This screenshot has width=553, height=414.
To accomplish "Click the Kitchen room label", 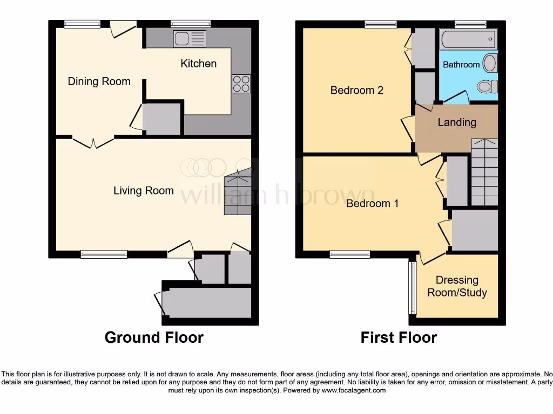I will click(198, 64).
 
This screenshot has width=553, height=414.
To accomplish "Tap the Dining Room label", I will click(99, 81).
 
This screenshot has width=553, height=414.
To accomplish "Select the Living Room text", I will click(143, 190).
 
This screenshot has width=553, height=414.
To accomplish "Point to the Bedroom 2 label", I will click(356, 90).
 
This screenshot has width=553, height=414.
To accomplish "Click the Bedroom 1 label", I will click(372, 203).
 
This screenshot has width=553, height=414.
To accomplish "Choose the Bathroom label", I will click(461, 65).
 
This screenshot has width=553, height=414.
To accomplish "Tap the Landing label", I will click(456, 122).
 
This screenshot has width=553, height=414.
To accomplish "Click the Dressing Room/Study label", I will click(457, 286).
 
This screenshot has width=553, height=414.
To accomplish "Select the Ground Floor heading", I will click(154, 337).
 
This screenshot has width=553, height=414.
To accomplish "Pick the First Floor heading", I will click(399, 337).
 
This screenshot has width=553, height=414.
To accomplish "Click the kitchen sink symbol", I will click(190, 39).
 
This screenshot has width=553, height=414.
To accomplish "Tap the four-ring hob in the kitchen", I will click(241, 84).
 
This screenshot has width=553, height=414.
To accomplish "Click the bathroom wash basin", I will click(490, 63).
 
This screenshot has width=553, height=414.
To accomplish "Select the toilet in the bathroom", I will click(488, 86).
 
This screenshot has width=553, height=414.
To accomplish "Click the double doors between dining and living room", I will click(93, 143).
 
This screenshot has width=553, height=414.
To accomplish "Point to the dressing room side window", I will click(412, 288).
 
